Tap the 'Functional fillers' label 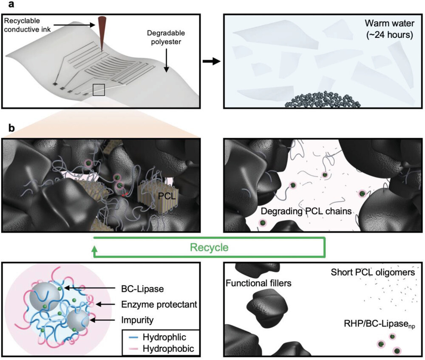pyautogui.click(x=258, y=283)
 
